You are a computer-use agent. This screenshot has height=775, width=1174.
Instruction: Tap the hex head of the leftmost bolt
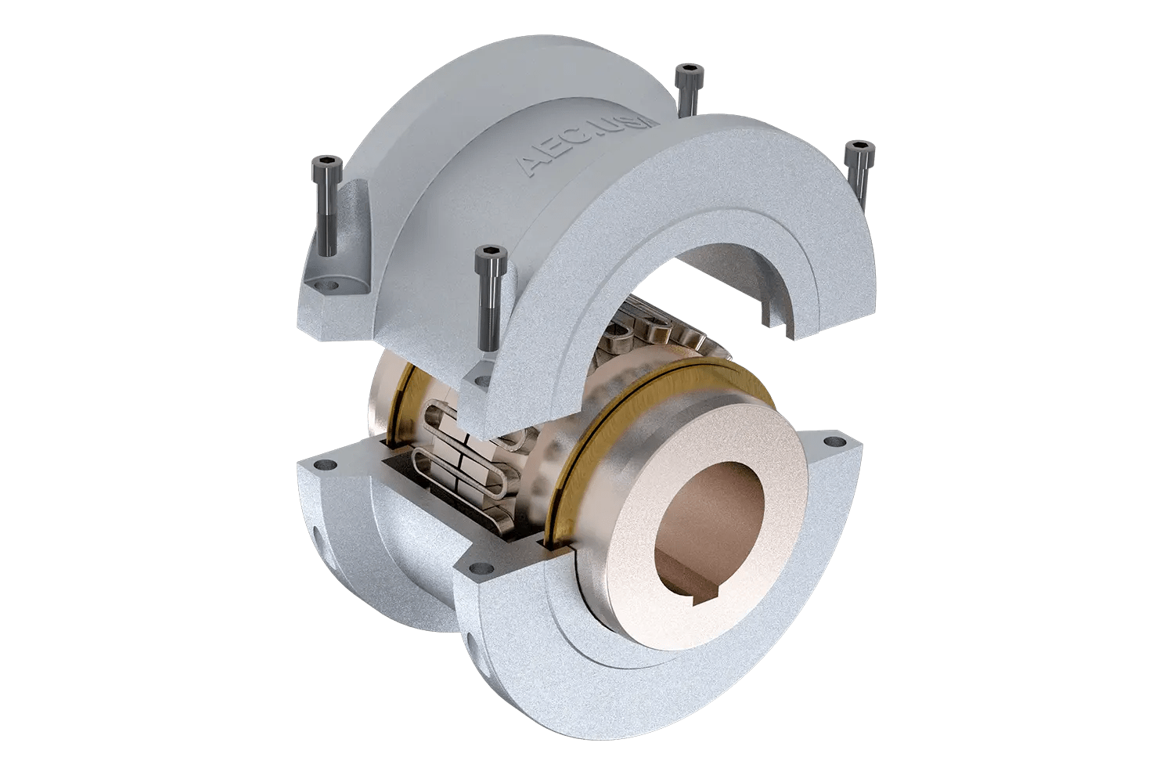tap(325, 165)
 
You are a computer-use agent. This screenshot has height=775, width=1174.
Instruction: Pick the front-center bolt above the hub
tap(488, 254)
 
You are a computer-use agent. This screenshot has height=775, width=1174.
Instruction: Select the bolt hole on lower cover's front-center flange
tap(474, 568)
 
